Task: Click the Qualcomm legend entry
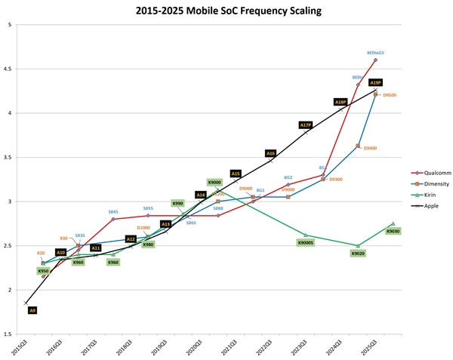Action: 427,174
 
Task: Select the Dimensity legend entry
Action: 427,183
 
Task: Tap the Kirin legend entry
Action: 424,194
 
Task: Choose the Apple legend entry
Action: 424,205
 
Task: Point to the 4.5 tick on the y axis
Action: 8,69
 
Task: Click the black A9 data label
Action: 32,310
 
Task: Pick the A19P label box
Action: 376,82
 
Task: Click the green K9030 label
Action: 393,231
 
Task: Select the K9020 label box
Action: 358,254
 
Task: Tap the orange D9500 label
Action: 390,95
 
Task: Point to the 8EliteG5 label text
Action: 375,53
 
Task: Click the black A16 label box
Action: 270,153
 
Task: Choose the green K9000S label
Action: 306,242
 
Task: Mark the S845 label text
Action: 113,212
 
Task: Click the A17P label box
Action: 306,125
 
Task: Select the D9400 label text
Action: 371,148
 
